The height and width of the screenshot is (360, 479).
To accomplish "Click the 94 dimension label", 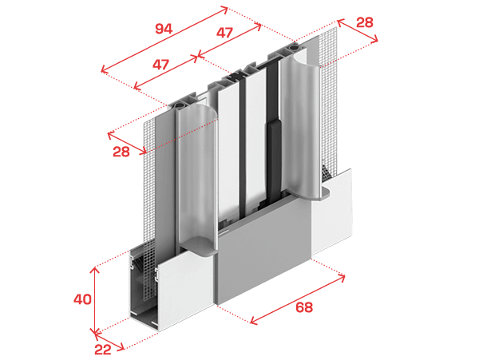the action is pyautogui.click(x=164, y=29).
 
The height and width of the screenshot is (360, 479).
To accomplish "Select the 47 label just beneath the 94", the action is pyautogui.click(x=160, y=65).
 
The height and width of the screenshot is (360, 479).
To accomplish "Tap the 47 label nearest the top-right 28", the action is pyautogui.click(x=224, y=33).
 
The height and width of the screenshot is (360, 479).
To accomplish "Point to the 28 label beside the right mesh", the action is pyautogui.click(x=365, y=22).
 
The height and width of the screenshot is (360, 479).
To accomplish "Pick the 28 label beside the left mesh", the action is pyautogui.click(x=121, y=152).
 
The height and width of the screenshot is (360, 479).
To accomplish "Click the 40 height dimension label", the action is pyautogui.click(x=82, y=299).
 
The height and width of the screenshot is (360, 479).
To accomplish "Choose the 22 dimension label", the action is pyautogui.click(x=103, y=350).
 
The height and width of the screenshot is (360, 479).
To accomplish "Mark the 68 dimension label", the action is pyautogui.click(x=304, y=307).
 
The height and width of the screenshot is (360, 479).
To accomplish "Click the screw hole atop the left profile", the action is pyautogui.click(x=178, y=106).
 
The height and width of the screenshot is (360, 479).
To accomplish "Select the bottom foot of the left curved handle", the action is pyautogui.click(x=199, y=246).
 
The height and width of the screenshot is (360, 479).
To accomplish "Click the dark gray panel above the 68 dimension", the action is pyautogui.click(x=263, y=251).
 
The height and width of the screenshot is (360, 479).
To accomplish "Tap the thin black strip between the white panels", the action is pyautogui.click(x=242, y=147).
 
